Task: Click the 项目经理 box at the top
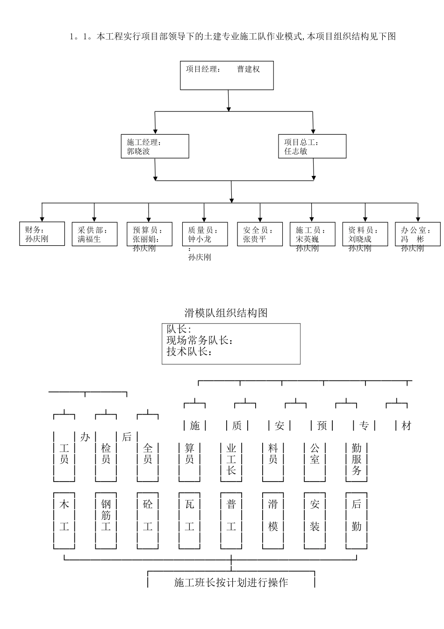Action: [x=227, y=75]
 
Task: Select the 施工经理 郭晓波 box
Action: [x=155, y=146]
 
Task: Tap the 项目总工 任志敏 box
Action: [x=312, y=146]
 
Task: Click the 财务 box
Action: [x=42, y=234]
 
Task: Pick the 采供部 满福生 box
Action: [x=94, y=234]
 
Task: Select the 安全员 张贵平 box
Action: [x=259, y=234]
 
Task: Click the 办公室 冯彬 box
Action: [x=417, y=234]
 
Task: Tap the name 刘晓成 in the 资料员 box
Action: [x=360, y=239]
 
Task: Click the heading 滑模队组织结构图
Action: [x=226, y=313]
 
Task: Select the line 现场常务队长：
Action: [x=200, y=341]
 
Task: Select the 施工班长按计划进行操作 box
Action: [x=231, y=582]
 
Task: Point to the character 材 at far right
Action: [x=406, y=426]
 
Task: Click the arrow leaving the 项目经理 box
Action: [x=229, y=101]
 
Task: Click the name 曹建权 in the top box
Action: [x=248, y=69]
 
